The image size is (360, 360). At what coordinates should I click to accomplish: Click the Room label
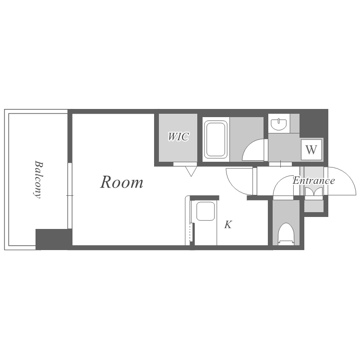click(122, 182)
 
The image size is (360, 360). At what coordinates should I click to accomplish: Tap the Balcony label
click(38, 180)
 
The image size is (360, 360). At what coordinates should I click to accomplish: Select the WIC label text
click(179, 137)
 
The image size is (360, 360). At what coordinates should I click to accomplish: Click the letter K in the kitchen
click(228, 225)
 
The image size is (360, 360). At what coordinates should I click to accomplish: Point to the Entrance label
click(313, 180)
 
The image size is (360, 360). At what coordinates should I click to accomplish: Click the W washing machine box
click(312, 150)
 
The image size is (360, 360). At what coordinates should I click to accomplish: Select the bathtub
click(216, 139)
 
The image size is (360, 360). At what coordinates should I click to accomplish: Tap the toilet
click(286, 234)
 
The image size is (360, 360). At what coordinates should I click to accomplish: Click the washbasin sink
click(279, 124)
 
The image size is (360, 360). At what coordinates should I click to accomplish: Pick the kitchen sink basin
click(205, 211)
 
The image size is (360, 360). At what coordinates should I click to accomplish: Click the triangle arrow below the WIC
click(191, 171)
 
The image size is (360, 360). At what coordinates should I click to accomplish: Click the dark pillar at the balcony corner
click(54, 239)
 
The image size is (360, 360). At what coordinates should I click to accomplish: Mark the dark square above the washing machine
click(313, 123)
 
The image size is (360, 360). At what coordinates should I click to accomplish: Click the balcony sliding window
click(70, 196)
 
